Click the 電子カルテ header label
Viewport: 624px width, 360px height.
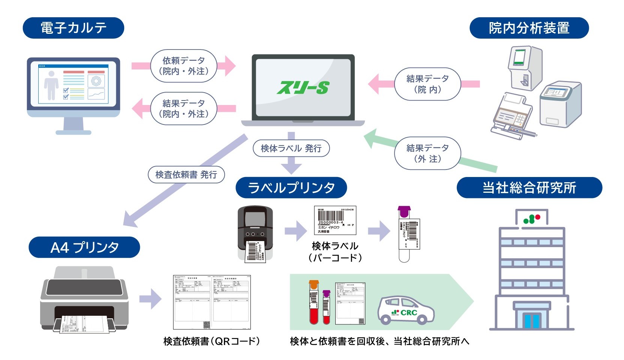[73, 28]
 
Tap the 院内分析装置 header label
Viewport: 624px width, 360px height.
[529, 28]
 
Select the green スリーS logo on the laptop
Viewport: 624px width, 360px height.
[303, 88]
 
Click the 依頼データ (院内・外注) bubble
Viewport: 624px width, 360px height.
[184, 66]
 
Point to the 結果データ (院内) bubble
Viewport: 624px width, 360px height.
[427, 84]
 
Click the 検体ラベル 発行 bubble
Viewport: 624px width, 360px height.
[291, 148]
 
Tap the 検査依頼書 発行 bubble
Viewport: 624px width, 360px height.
[186, 174]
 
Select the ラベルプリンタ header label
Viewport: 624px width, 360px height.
[291, 187]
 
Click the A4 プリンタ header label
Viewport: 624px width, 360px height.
[84, 247]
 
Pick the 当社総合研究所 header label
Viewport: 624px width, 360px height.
[529, 187]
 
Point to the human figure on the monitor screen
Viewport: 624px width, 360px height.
[51, 85]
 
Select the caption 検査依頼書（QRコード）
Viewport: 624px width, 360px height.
[211, 341]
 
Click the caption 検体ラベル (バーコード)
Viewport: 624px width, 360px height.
[335, 252]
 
